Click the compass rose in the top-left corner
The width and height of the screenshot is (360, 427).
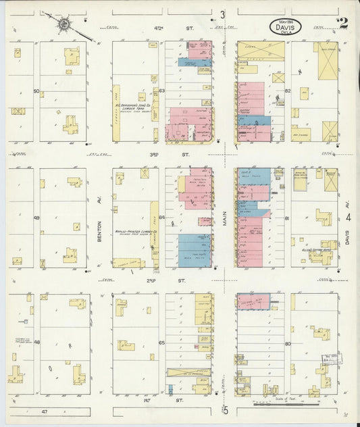coord(63,25)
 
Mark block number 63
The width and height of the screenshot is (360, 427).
coord(162,91)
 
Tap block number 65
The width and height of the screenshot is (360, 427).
coord(162,343)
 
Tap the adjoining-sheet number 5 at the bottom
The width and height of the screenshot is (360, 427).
coord(226,410)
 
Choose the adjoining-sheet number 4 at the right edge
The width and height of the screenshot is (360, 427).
coord(349,218)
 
